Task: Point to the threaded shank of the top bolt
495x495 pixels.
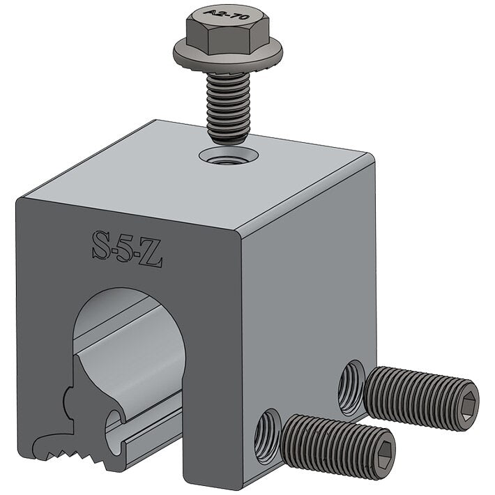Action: (228, 105)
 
